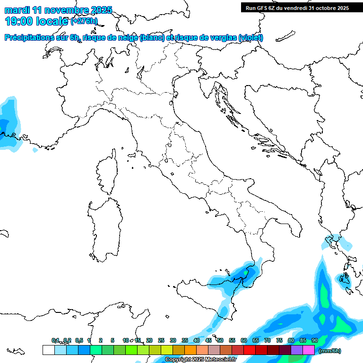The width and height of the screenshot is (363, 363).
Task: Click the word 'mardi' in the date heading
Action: (x=17, y=10)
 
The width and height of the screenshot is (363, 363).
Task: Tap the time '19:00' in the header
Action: (x=20, y=21)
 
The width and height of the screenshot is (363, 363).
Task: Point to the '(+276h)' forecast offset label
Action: (x=84, y=21)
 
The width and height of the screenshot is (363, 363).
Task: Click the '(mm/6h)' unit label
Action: (x=329, y=351)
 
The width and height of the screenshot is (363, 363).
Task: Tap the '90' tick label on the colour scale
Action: (x=315, y=340)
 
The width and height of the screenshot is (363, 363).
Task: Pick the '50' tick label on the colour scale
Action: (x=220, y=340)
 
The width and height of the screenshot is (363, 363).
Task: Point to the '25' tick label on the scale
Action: (x=161, y=340)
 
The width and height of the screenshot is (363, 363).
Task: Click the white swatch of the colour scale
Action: (x=48, y=350)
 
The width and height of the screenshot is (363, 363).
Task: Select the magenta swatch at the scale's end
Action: (x=309, y=350)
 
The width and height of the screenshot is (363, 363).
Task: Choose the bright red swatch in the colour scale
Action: (x=250, y=350)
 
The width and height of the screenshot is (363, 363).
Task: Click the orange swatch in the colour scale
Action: (x=190, y=350)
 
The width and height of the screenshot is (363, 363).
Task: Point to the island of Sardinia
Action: (x=105, y=227)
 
